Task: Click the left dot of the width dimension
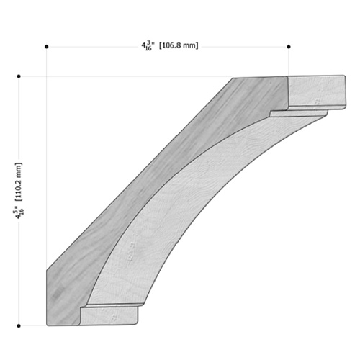click(47, 47)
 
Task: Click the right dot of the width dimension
click(289, 47)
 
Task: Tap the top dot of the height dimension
click(19, 76)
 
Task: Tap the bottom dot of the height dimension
click(19, 326)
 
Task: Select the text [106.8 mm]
click(179, 45)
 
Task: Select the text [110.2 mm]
click(19, 181)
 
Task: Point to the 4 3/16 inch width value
click(148, 45)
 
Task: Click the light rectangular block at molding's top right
click(317, 91)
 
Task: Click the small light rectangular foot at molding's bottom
click(109, 316)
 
